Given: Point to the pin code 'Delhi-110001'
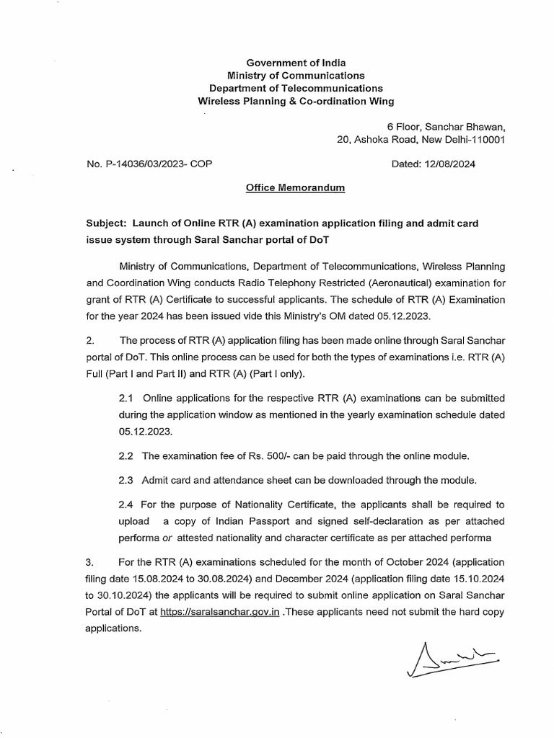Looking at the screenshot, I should [475, 140].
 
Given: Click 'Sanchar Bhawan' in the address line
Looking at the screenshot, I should [469, 127].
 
